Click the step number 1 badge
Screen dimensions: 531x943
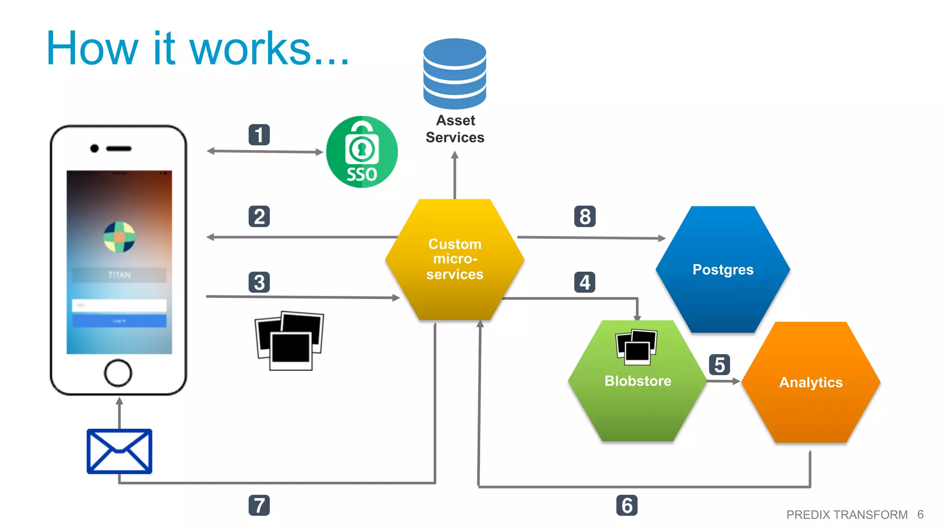pyautogui.click(x=259, y=135)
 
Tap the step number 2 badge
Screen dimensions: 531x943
pyautogui.click(x=259, y=217)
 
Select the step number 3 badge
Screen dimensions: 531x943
pyautogui.click(x=259, y=283)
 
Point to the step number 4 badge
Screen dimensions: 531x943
pyautogui.click(x=584, y=283)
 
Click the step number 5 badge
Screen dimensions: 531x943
pyautogui.click(x=719, y=365)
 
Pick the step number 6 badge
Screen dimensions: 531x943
pyautogui.click(x=627, y=506)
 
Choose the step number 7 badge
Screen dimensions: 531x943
pyautogui.click(x=259, y=506)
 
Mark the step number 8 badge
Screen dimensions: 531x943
pyautogui.click(x=584, y=217)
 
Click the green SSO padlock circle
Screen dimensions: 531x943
pyautogui.click(x=362, y=152)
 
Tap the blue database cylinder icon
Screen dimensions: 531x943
pyautogui.click(x=454, y=74)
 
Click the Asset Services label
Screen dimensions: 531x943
pyautogui.click(x=455, y=129)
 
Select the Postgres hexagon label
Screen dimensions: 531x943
pyautogui.click(x=723, y=270)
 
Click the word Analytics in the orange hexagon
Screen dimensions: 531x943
pyautogui.click(x=811, y=382)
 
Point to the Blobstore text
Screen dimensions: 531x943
pyautogui.click(x=638, y=381)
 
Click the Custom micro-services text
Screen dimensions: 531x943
pyautogui.click(x=455, y=259)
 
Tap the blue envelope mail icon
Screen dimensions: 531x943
pyautogui.click(x=119, y=451)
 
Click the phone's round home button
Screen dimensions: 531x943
pyautogui.click(x=118, y=373)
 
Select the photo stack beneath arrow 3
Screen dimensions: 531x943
pyautogui.click(x=289, y=341)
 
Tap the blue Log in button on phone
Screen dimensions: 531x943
pyautogui.click(x=119, y=321)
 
